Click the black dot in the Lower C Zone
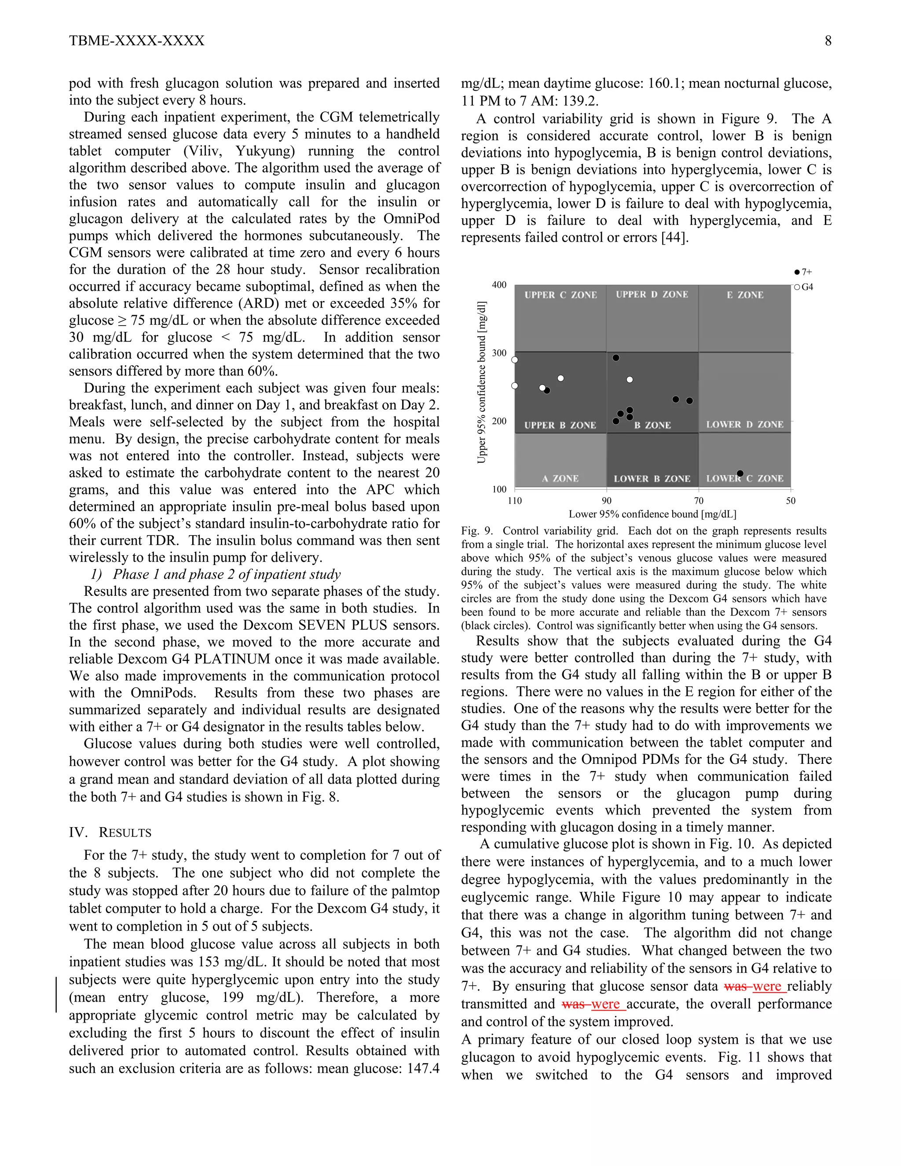(x=740, y=473)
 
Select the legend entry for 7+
(x=803, y=272)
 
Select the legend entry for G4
(x=803, y=287)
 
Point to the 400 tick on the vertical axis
(x=499, y=285)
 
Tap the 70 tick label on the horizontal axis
(x=698, y=501)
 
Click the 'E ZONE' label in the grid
(x=745, y=295)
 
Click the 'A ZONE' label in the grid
(x=560, y=479)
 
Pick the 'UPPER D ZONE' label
(x=652, y=295)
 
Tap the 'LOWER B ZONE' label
(x=652, y=479)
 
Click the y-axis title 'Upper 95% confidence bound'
(x=482, y=382)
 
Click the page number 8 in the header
(x=828, y=41)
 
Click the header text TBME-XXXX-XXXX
(x=137, y=41)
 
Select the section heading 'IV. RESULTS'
(x=110, y=832)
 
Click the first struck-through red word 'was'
(x=736, y=986)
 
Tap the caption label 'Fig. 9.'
(x=476, y=531)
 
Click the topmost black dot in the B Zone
(x=615, y=358)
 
